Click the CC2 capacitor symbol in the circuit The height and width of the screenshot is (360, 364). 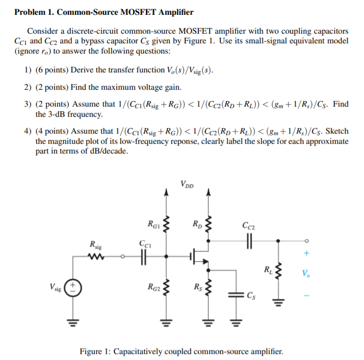tap(250, 240)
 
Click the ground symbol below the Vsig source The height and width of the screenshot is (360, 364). tap(72, 322)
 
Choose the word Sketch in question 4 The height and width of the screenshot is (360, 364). tap(338, 131)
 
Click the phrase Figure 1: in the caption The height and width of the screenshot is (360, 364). tap(95, 351)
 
